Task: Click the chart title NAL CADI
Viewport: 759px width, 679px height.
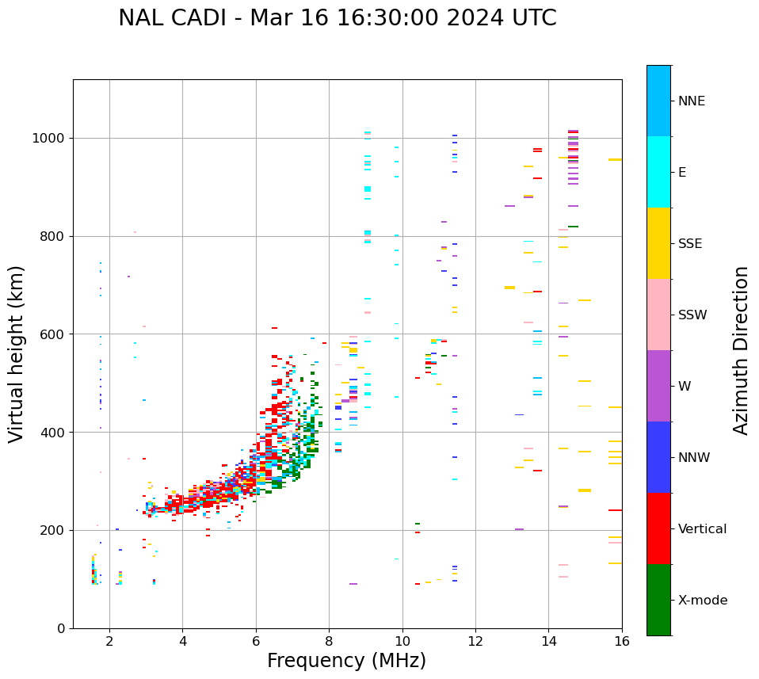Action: point(337,18)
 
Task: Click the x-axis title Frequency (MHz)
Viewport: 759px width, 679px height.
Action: point(346,661)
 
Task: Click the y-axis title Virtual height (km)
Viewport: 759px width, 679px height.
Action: point(17,353)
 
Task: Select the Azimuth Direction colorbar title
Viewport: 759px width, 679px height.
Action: point(741,350)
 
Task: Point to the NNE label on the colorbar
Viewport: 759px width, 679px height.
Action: point(691,101)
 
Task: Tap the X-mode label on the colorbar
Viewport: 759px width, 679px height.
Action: point(702,601)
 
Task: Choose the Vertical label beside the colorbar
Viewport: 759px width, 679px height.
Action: point(702,529)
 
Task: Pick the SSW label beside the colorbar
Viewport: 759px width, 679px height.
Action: point(692,315)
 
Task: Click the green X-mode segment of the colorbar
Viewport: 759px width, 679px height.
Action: point(658,600)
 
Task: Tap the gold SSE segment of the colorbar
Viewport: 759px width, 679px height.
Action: point(658,243)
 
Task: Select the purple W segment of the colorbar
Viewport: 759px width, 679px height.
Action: point(658,386)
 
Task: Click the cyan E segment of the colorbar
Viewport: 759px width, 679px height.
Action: point(658,172)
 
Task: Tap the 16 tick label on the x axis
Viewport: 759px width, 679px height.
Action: point(622,641)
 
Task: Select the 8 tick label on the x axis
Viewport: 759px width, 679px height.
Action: point(329,641)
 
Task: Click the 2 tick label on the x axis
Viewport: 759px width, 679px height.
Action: point(109,641)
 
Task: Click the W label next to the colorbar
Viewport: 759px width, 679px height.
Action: point(685,387)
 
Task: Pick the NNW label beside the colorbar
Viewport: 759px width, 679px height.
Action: point(694,458)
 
